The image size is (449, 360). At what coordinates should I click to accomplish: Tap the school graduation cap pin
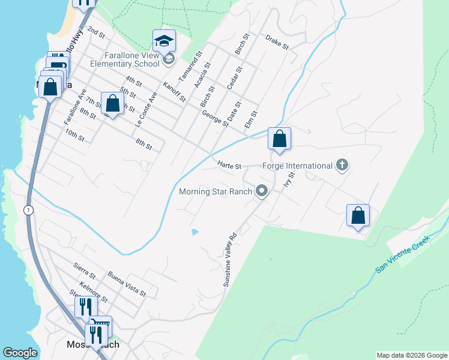(164, 41)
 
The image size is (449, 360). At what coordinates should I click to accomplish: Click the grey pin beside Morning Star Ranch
(261, 191)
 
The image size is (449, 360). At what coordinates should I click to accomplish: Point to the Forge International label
(298, 166)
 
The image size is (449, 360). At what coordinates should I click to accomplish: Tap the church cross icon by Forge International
(342, 165)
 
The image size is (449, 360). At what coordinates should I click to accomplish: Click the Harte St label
(229, 166)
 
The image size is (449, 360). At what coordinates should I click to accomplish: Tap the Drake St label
(277, 41)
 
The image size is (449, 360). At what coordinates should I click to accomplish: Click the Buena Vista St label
(127, 283)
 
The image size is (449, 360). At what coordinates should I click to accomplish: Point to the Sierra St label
(85, 268)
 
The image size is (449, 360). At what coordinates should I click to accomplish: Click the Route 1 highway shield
(28, 209)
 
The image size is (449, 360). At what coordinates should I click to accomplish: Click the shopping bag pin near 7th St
(112, 104)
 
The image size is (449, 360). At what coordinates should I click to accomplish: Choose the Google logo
(20, 353)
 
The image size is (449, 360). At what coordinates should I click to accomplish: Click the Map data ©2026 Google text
(411, 355)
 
